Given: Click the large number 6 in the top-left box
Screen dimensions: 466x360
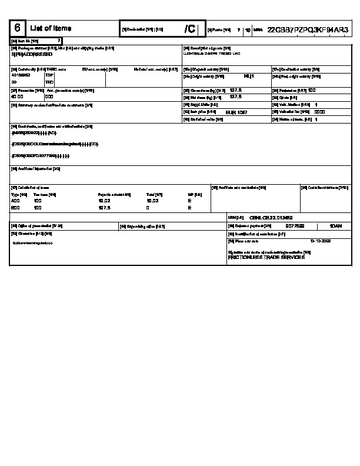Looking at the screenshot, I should [x=17, y=28].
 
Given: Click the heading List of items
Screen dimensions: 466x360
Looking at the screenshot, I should [x=50, y=28].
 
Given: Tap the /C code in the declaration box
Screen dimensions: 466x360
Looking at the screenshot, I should [x=189, y=29].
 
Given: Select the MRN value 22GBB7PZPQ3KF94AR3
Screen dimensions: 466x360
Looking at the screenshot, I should [x=308, y=29].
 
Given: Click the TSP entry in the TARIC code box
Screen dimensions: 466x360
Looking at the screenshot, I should [x=49, y=75].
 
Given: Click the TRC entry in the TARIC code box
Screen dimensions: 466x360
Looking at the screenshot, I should [x=49, y=82].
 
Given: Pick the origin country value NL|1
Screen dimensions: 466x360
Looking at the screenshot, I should [x=248, y=76].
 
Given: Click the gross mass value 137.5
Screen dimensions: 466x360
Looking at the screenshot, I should [x=236, y=90].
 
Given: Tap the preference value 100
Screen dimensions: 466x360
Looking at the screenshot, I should [x=312, y=90].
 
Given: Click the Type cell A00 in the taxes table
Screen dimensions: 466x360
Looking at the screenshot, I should [x=15, y=201].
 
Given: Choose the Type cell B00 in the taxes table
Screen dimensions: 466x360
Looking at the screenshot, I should [x=15, y=208].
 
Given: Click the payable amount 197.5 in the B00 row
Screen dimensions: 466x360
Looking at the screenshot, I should [x=104, y=208].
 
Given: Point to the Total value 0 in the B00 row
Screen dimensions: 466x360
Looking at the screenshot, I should [x=148, y=208].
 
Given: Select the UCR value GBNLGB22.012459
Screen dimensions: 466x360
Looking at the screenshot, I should [x=271, y=217].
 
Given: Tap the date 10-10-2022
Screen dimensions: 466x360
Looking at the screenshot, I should [x=320, y=241].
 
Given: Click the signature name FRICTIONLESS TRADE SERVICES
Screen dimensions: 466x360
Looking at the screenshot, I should [x=266, y=258].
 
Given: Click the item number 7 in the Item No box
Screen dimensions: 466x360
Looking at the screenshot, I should [x=58, y=41].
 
